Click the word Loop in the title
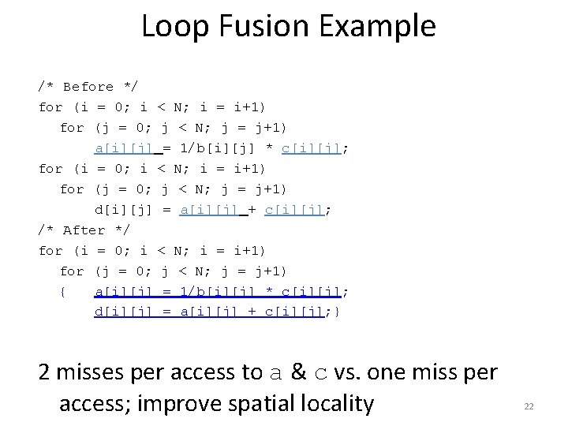pyautogui.click(x=174, y=26)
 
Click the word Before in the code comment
pyautogui.click(x=88, y=87)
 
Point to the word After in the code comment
pyautogui.click(x=84, y=230)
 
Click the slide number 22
pyautogui.click(x=529, y=406)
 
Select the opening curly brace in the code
pyautogui.click(x=62, y=292)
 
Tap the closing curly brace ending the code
pyautogui.click(x=337, y=312)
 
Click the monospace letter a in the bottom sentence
pyautogui.click(x=273, y=372)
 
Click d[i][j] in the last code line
pyautogui.click(x=123, y=312)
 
